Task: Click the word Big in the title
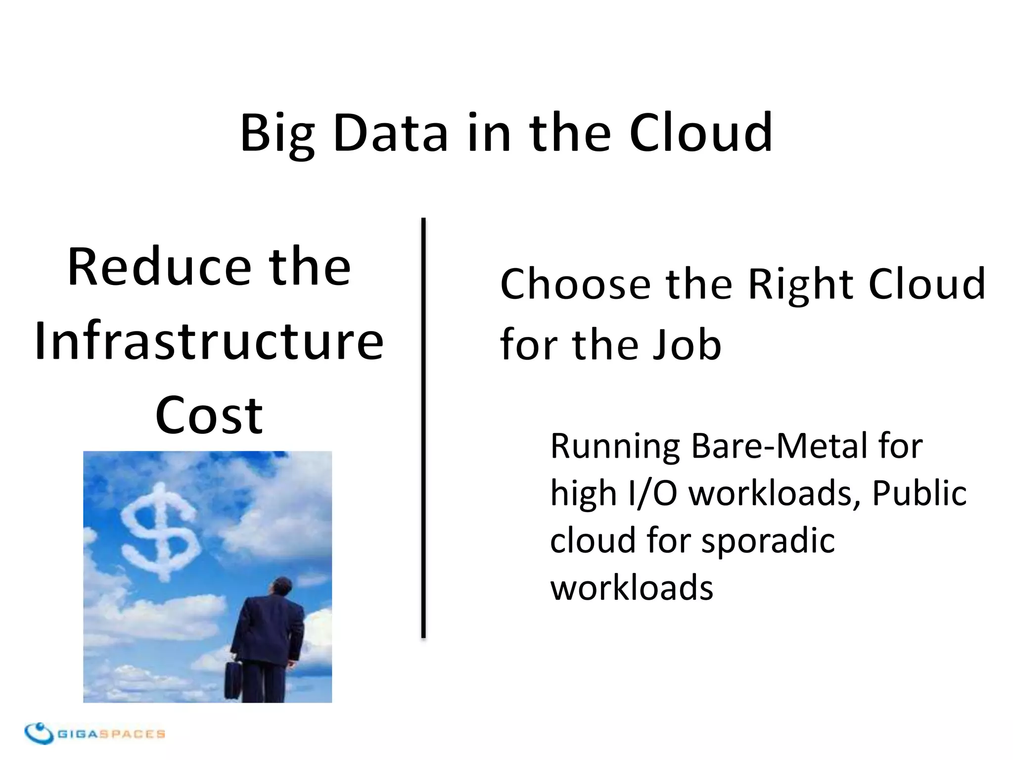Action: (277, 134)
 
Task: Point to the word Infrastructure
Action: (209, 341)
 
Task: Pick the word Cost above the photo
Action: (209, 416)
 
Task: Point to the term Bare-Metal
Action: (780, 445)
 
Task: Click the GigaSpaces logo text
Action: (111, 734)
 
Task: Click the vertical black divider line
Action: (423, 428)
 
